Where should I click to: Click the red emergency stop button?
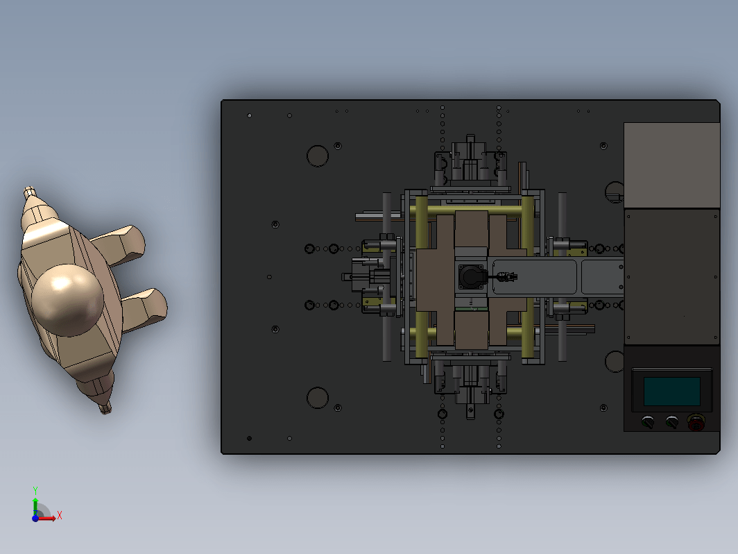tap(696, 422)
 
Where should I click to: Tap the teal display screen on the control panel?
tap(671, 391)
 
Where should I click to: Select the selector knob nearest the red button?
tap(671, 421)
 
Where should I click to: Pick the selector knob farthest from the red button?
tap(648, 421)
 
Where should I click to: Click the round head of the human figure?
tap(67, 300)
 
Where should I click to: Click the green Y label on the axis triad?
tap(35, 490)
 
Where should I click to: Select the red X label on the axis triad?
tap(60, 515)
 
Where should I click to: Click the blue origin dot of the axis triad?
tap(35, 518)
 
